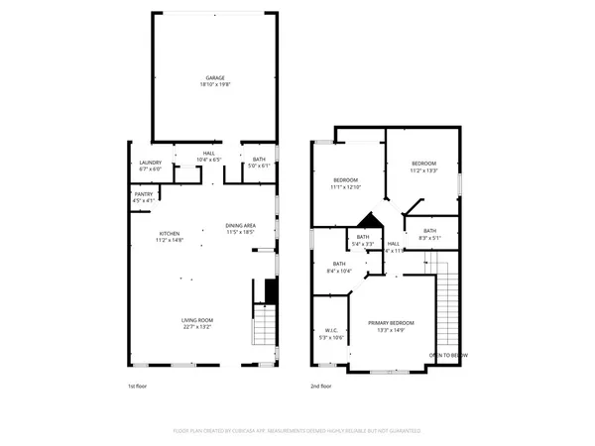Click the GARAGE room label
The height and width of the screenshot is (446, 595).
click(215, 77)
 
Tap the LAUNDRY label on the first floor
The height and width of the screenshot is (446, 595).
click(150, 163)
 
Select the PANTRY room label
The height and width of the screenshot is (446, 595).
click(144, 194)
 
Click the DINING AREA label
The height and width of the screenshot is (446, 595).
click(240, 225)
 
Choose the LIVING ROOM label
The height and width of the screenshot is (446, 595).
click(196, 320)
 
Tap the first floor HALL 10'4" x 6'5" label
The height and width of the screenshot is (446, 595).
click(209, 153)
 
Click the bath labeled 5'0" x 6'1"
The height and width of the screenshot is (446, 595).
click(258, 160)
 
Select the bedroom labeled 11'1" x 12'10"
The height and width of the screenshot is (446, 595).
click(346, 180)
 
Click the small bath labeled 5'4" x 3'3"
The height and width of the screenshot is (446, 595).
click(363, 237)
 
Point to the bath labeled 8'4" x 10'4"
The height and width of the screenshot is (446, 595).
click(339, 265)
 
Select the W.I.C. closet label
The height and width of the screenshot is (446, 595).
click(332, 331)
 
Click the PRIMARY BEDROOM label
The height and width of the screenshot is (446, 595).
click(391, 324)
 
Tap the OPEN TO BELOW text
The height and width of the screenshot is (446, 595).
click(448, 354)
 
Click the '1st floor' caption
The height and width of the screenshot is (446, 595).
click(138, 386)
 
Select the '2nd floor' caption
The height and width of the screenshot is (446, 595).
click(320, 386)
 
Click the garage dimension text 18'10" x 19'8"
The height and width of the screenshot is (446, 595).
click(215, 84)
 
